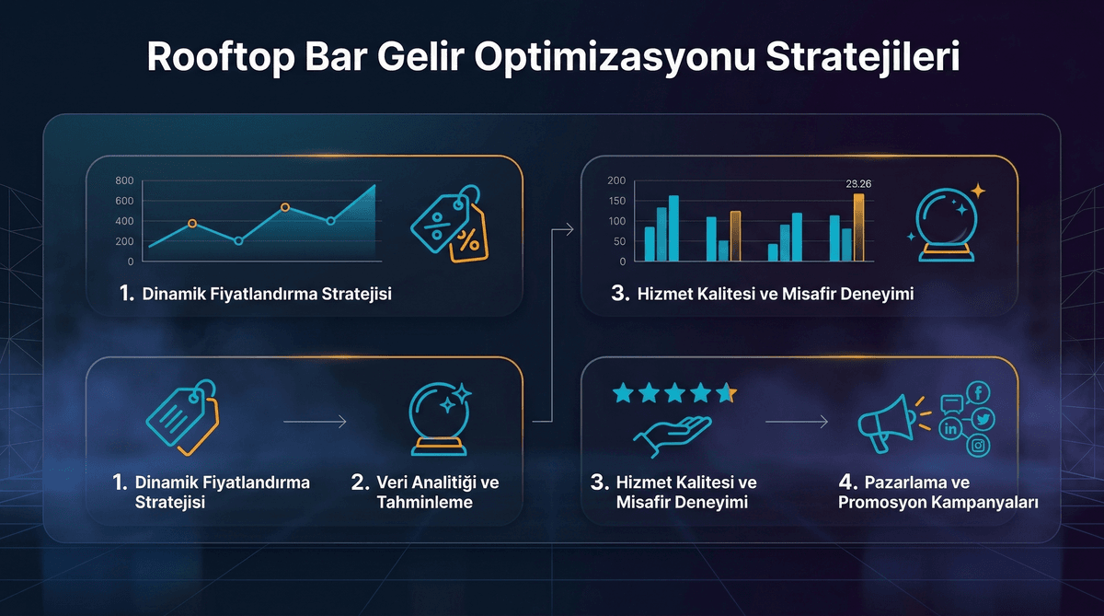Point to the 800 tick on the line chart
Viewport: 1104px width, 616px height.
click(x=125, y=180)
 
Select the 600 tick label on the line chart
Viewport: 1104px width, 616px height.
click(x=125, y=201)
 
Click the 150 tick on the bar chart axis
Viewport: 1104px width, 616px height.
click(x=617, y=201)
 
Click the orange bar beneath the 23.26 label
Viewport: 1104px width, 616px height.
click(x=858, y=227)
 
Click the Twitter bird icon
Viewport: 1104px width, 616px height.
click(x=983, y=420)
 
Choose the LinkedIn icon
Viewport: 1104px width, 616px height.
click(x=950, y=428)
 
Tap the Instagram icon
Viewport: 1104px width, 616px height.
click(x=979, y=446)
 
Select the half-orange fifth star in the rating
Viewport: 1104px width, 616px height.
click(x=726, y=394)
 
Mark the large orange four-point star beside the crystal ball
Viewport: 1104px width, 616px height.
click(x=977, y=192)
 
